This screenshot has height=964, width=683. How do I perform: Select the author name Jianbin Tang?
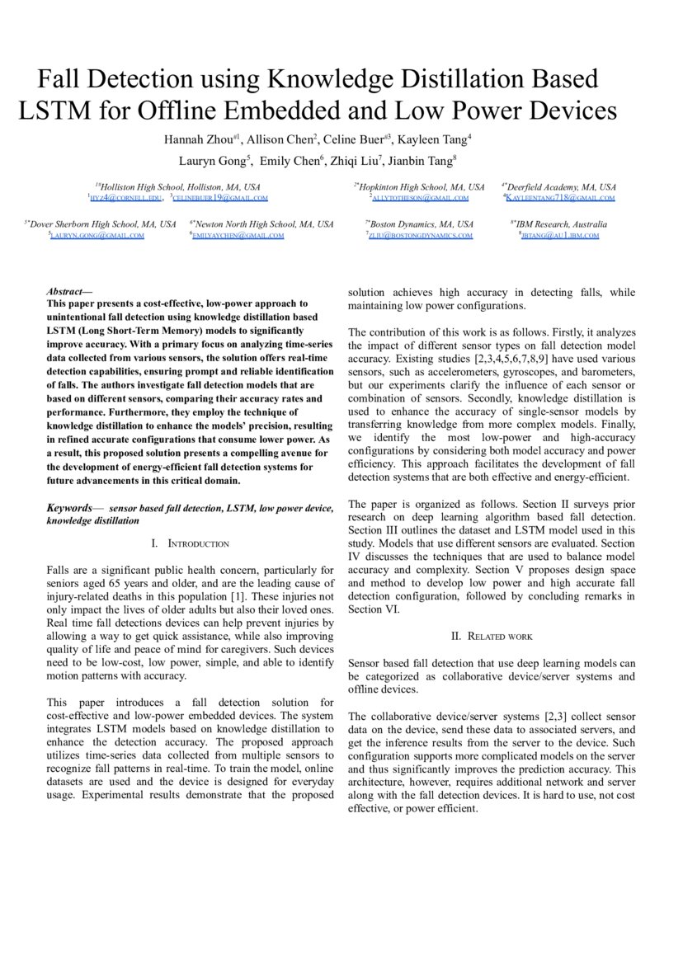click(x=420, y=161)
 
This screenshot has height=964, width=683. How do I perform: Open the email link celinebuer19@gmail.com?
click(x=220, y=198)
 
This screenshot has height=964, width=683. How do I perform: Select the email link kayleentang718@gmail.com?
click(x=560, y=198)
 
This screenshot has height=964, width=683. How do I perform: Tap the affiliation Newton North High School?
click(x=263, y=224)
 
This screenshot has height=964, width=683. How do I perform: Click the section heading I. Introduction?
click(x=190, y=544)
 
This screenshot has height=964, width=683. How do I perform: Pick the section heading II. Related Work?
click(x=492, y=636)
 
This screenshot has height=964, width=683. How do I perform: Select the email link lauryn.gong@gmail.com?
click(x=97, y=235)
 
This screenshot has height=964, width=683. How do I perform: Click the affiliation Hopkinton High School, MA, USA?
click(x=422, y=187)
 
